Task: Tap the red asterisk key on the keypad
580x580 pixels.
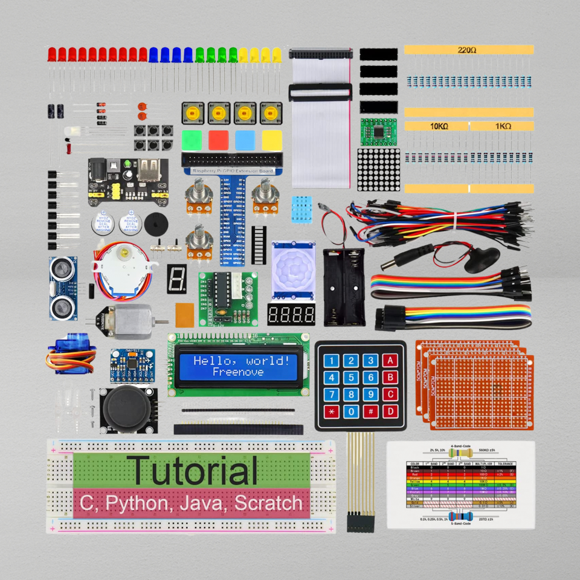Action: pyautogui.click(x=331, y=413)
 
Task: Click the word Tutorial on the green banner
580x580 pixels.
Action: pyautogui.click(x=192, y=471)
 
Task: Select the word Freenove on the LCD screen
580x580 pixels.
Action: pyautogui.click(x=238, y=372)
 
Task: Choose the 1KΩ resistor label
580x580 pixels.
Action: pyautogui.click(x=501, y=126)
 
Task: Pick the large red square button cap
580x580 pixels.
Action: pyautogui.click(x=218, y=140)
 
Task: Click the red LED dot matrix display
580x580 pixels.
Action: pyautogui.click(x=379, y=170)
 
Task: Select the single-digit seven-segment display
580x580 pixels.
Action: pyautogui.click(x=177, y=279)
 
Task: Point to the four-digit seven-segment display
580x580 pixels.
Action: pyautogui.click(x=291, y=314)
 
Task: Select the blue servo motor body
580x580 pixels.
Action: pyautogui.click(x=65, y=352)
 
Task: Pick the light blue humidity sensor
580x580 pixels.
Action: pyautogui.click(x=302, y=209)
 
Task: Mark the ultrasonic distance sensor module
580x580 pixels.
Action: pyautogui.click(x=62, y=289)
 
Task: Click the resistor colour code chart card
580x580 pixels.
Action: pyautogui.click(x=460, y=485)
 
